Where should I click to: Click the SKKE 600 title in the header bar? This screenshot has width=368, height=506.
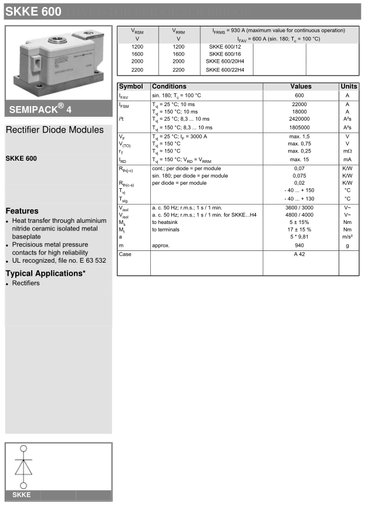point(33,12)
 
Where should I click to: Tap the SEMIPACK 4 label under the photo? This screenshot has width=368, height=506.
point(40,108)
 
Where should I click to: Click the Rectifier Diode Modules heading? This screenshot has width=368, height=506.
point(55,130)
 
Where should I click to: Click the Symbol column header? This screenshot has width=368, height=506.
point(131,87)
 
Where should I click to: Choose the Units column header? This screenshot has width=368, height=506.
point(349,87)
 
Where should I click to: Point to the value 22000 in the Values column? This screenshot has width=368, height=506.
point(299,104)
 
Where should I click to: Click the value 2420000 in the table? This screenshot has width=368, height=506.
point(299,119)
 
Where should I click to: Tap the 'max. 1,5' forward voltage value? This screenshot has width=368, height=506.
point(299,136)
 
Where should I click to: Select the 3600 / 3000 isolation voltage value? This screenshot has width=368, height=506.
point(299,208)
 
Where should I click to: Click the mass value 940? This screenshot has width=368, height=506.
point(299,245)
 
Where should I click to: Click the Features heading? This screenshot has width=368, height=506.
point(22,211)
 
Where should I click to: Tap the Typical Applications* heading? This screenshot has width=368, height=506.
point(45,273)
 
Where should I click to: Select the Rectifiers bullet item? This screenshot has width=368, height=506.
point(26,283)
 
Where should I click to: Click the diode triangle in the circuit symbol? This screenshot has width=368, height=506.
point(24,467)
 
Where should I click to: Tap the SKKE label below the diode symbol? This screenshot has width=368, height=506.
point(21,495)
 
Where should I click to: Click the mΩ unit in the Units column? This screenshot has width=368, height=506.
point(347,151)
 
